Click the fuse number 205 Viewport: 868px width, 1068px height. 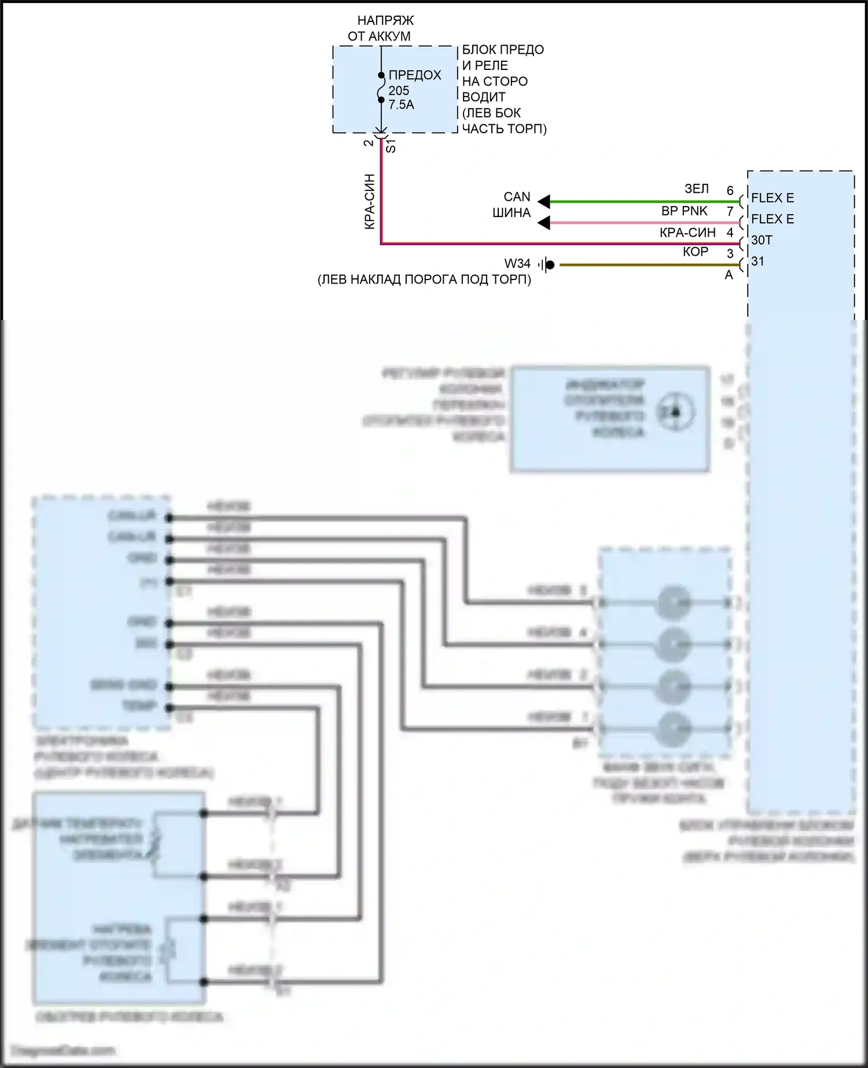[x=399, y=91]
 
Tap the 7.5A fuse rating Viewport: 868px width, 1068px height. [x=401, y=105]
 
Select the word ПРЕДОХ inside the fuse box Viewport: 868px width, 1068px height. [x=415, y=75]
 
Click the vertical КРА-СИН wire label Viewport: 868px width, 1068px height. [x=370, y=201]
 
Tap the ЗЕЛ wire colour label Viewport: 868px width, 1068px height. [x=696, y=189]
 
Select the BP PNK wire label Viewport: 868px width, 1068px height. [x=684, y=211]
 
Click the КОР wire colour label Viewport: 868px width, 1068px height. [x=695, y=252]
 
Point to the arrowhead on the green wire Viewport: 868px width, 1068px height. [x=544, y=201]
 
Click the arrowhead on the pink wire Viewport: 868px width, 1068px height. [x=544, y=223]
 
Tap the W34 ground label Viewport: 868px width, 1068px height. [x=517, y=264]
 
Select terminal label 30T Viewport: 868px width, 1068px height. [x=762, y=240]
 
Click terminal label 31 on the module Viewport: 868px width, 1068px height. [x=757, y=262]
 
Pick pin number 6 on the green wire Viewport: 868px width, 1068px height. [x=730, y=190]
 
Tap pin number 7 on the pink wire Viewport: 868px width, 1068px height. [x=730, y=212]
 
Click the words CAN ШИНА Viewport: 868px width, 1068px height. [x=513, y=205]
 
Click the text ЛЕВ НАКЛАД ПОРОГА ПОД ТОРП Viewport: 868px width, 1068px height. [x=424, y=280]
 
